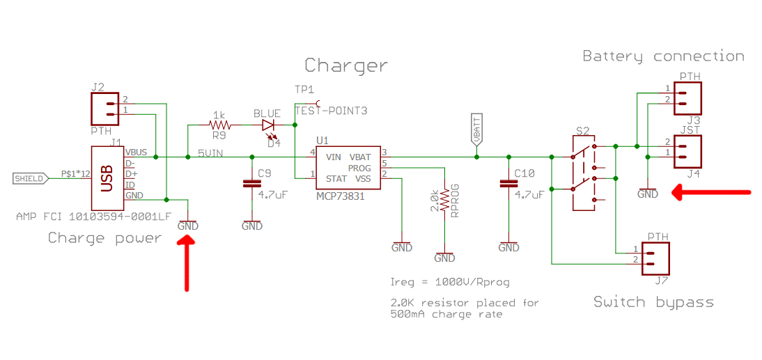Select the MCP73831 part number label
point(341,197)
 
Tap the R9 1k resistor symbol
point(219,125)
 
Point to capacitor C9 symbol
point(252,184)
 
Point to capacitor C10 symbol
point(509,184)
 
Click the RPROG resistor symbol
point(444,203)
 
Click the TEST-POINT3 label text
point(332,111)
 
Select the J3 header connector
point(688,98)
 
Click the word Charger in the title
point(346,65)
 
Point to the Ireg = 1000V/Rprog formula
point(450,283)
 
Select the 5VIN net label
point(209,153)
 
